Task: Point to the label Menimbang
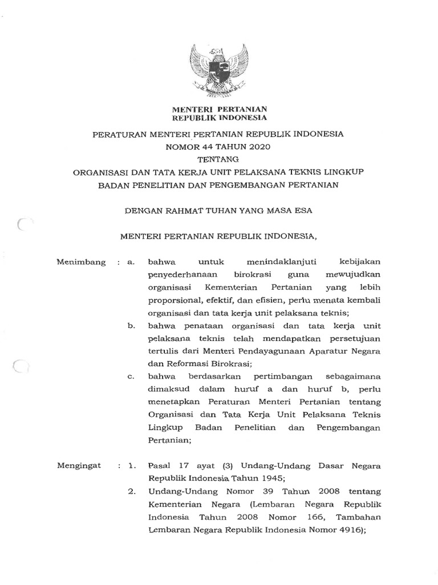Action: pos(82,262)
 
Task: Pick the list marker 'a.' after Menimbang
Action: pos(131,262)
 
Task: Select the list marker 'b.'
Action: pos(131,326)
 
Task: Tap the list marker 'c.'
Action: pos(131,376)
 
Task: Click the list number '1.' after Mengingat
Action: pos(132,466)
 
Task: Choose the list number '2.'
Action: pos(132,491)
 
